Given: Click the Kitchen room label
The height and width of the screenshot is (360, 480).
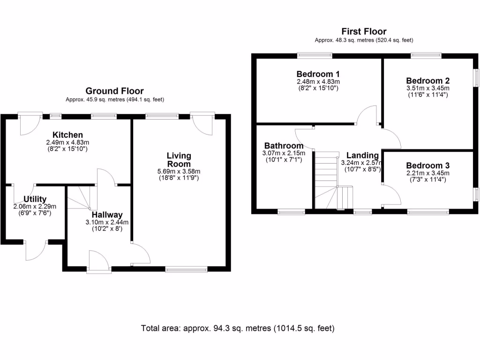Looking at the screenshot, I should [x=67, y=135].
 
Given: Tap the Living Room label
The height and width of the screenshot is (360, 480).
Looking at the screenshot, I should [x=180, y=160].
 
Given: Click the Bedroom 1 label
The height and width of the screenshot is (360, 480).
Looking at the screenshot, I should [x=318, y=74].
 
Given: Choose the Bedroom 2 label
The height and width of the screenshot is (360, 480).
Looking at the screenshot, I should [x=428, y=81].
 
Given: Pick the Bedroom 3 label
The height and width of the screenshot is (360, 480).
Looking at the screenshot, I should [x=427, y=165].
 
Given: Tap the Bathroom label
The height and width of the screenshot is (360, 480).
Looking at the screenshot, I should [x=284, y=146].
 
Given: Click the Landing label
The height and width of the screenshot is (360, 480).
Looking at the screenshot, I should [x=362, y=156].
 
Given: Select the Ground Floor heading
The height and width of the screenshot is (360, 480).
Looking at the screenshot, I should [x=114, y=91].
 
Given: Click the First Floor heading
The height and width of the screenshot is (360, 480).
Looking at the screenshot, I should [x=364, y=32].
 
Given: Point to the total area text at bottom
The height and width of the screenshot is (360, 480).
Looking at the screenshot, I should [x=238, y=329].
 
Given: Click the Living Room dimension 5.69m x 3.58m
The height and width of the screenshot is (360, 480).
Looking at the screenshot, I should [x=180, y=171].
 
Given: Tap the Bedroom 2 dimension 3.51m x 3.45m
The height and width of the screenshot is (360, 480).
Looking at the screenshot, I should [x=427, y=88].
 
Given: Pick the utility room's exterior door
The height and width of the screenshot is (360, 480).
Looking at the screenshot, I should [x=36, y=250].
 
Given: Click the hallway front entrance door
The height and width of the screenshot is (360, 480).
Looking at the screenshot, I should [x=98, y=261].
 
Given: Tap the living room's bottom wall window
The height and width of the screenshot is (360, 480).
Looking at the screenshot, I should [x=186, y=270].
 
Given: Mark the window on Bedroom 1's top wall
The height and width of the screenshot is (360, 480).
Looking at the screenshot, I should [x=315, y=55].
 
